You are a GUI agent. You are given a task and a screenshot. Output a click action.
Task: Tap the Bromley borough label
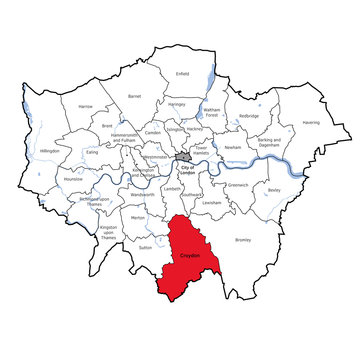[x=243, y=240]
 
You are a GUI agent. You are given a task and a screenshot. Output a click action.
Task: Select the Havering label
[x=312, y=123]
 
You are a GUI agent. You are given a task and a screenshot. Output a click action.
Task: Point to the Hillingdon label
[x=49, y=151]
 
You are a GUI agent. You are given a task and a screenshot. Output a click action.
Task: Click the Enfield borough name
[x=181, y=73]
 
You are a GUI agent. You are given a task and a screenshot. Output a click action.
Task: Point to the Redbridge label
[x=248, y=115]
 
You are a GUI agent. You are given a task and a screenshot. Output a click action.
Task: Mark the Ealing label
[x=91, y=152]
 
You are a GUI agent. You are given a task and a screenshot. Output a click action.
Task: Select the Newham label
[x=233, y=147]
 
